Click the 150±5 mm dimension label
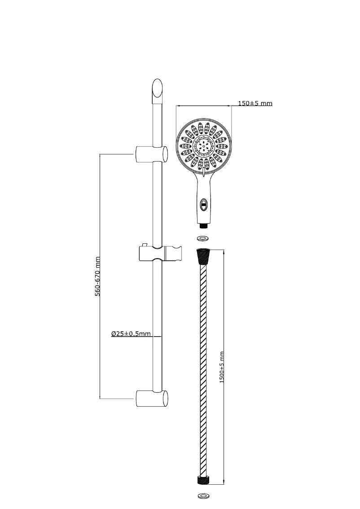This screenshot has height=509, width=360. click(255, 103)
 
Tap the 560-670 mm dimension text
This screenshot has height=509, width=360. click(97, 276)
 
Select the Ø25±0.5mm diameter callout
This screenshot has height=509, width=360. click(131, 333)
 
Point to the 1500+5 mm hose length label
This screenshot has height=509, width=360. click(222, 367)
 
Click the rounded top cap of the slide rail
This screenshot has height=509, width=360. click(157, 88)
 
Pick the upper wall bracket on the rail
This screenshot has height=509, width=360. click(151, 154)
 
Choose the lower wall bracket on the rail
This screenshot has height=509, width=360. click(152, 398)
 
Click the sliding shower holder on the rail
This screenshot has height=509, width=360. click(160, 253)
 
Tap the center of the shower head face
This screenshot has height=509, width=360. click(204, 146)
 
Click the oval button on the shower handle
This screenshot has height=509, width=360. click(203, 205)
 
